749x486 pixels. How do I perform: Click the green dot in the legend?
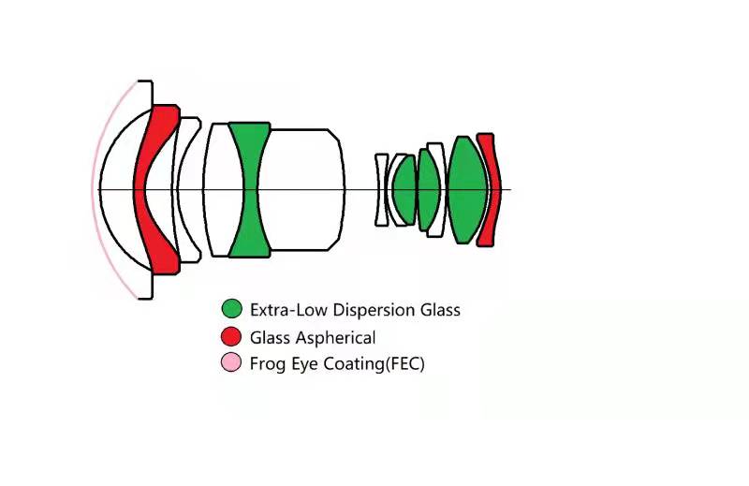point(231,309)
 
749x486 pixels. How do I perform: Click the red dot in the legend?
point(231,337)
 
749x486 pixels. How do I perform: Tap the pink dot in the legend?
point(231,363)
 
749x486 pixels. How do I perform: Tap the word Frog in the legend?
point(267,364)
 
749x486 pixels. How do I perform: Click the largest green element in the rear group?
point(465,189)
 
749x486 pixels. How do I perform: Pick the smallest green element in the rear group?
point(404,189)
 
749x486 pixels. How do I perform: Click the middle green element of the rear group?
point(427,189)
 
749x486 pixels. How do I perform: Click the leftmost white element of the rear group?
point(381,189)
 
